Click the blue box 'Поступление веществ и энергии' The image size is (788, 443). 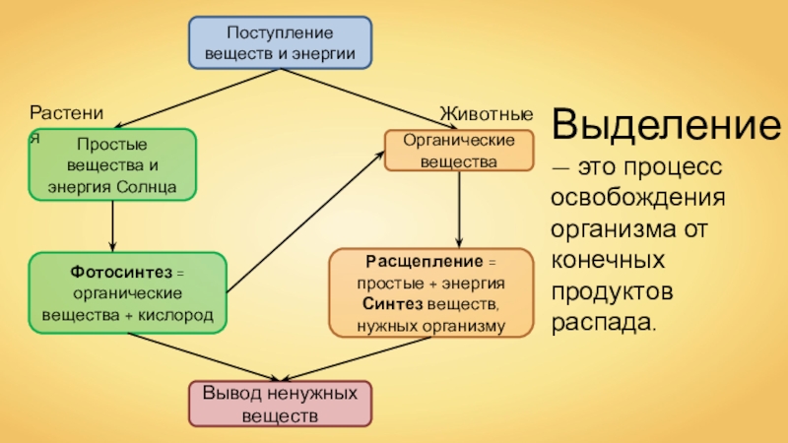[x=281, y=41]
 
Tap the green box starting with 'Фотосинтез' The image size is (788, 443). [x=128, y=293]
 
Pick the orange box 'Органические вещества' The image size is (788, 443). [x=458, y=150]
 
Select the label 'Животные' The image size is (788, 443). [x=487, y=115]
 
